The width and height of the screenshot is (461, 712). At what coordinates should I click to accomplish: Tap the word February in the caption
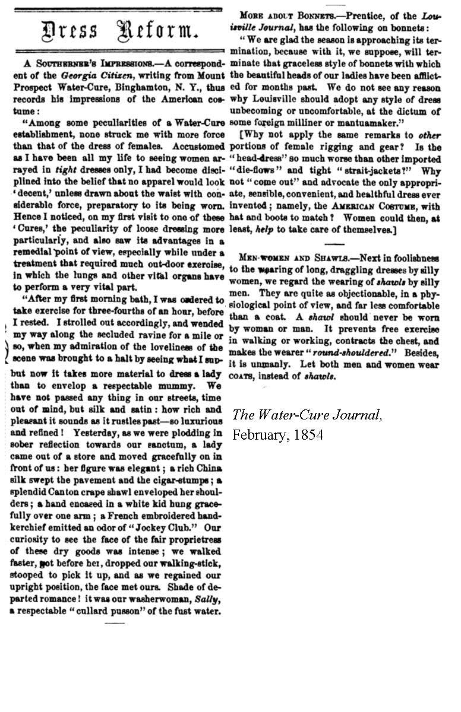point(258,434)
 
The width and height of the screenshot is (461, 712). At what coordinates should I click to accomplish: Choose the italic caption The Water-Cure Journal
point(307,415)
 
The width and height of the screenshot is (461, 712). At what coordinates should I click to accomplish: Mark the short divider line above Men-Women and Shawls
point(335,244)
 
